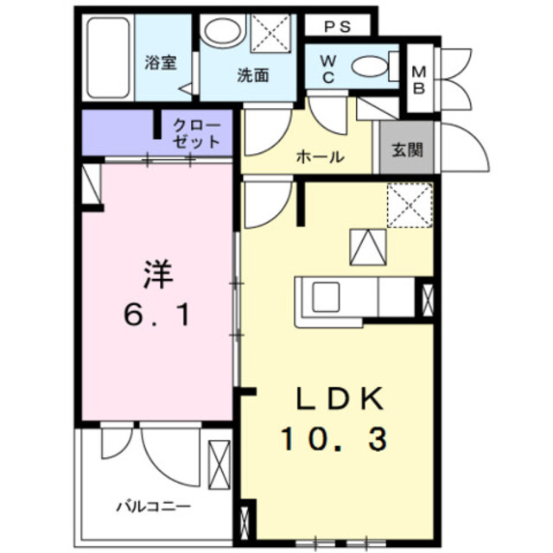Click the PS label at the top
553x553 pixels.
(338, 27)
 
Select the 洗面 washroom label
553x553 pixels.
(252, 75)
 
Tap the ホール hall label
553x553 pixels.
(321, 157)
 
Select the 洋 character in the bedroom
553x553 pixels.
(158, 276)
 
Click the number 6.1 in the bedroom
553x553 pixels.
(158, 315)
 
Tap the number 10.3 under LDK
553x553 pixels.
(333, 440)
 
